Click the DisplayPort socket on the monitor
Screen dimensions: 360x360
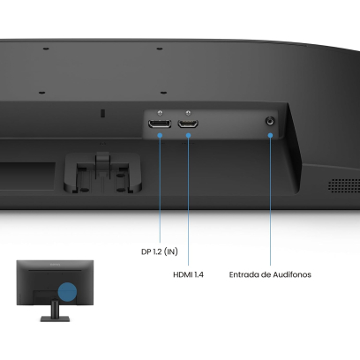[160, 124]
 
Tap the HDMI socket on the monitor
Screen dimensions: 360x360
[188, 124]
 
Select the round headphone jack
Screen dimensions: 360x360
[270, 121]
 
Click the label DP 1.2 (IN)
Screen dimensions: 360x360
[160, 251]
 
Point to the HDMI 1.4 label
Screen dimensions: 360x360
[188, 274]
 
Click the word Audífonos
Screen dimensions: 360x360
[292, 274]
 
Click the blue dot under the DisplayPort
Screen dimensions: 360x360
[160, 135]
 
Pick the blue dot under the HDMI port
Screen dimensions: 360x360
[189, 135]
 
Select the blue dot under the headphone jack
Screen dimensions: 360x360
[270, 135]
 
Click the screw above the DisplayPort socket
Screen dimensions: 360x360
[160, 113]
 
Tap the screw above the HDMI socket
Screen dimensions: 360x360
[188, 113]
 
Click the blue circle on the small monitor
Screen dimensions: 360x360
[67, 292]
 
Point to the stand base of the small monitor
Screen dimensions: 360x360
[55, 319]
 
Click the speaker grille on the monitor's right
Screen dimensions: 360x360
[344, 185]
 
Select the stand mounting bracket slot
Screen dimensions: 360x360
[102, 173]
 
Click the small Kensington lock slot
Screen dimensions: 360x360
[102, 113]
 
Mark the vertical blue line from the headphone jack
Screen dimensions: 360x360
[270, 201]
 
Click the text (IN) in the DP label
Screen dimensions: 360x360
[170, 251]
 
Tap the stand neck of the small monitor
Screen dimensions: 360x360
[55, 308]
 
